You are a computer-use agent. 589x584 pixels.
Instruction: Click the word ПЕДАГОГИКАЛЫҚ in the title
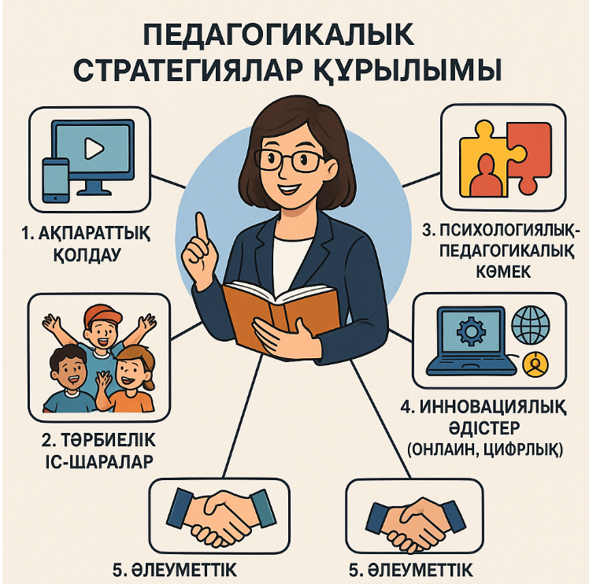(x=278, y=35)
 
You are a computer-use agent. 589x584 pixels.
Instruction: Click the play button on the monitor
(x=94, y=148)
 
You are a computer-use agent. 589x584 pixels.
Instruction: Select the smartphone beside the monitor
(x=56, y=180)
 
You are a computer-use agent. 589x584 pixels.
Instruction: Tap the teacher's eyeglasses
(x=288, y=161)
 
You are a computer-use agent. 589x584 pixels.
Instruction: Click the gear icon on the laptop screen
(x=471, y=331)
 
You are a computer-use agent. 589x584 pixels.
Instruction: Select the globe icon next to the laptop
(x=531, y=325)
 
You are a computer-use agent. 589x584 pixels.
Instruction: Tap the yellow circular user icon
(x=535, y=364)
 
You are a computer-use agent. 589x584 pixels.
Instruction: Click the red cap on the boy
(x=102, y=315)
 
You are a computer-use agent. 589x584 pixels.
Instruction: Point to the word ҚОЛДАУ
(x=87, y=255)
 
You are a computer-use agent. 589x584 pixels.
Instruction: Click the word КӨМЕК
(x=503, y=272)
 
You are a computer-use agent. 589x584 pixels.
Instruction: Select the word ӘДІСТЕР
(x=484, y=427)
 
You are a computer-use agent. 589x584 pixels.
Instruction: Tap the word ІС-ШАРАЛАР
(x=99, y=461)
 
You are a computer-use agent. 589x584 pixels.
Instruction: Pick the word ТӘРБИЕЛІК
(x=108, y=440)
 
